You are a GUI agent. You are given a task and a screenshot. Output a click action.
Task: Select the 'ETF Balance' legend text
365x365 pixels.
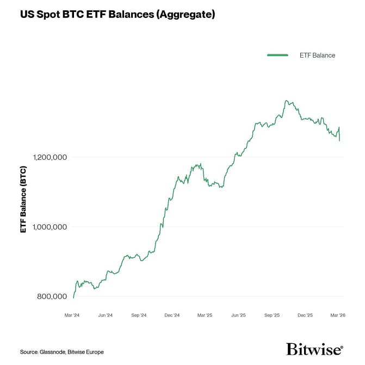pos(317,55)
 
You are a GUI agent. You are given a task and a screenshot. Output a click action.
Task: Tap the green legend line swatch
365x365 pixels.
pos(277,55)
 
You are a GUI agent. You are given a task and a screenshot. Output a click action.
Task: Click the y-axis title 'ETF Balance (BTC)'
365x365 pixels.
pos(23,199)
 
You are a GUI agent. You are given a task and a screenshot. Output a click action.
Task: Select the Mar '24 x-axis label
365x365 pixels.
pos(72,315)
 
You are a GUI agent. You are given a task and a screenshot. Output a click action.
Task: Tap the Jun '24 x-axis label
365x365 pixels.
pos(106,315)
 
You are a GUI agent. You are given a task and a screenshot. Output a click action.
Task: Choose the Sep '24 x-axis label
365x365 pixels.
pos(139,315)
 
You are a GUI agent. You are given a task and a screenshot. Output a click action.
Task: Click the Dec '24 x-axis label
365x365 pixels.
pos(172,315)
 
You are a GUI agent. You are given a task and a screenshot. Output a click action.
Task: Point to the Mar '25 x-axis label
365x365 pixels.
pos(205,315)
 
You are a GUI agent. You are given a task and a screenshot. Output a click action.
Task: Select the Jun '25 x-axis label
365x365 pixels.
pos(238,315)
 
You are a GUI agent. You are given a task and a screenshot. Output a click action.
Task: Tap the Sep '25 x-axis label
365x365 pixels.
pos(271,315)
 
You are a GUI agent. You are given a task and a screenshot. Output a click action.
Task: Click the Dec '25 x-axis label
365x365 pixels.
pos(305,315)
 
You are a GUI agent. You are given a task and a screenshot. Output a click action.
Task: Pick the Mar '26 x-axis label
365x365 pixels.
pos(338,315)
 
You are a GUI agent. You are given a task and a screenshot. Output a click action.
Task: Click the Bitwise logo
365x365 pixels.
pos(314,349)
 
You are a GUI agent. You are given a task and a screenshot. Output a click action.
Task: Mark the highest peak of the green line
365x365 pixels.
pos(286,101)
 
